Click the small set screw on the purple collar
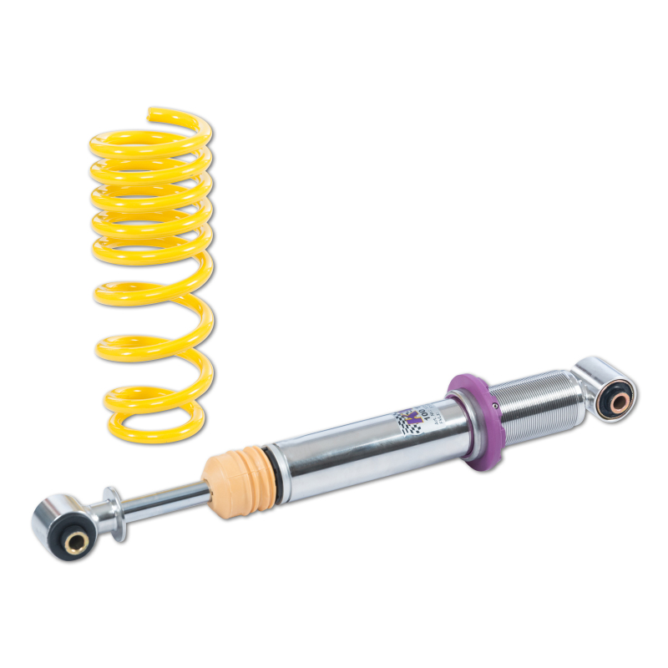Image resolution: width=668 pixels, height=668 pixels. pyautogui.click(x=494, y=407)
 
